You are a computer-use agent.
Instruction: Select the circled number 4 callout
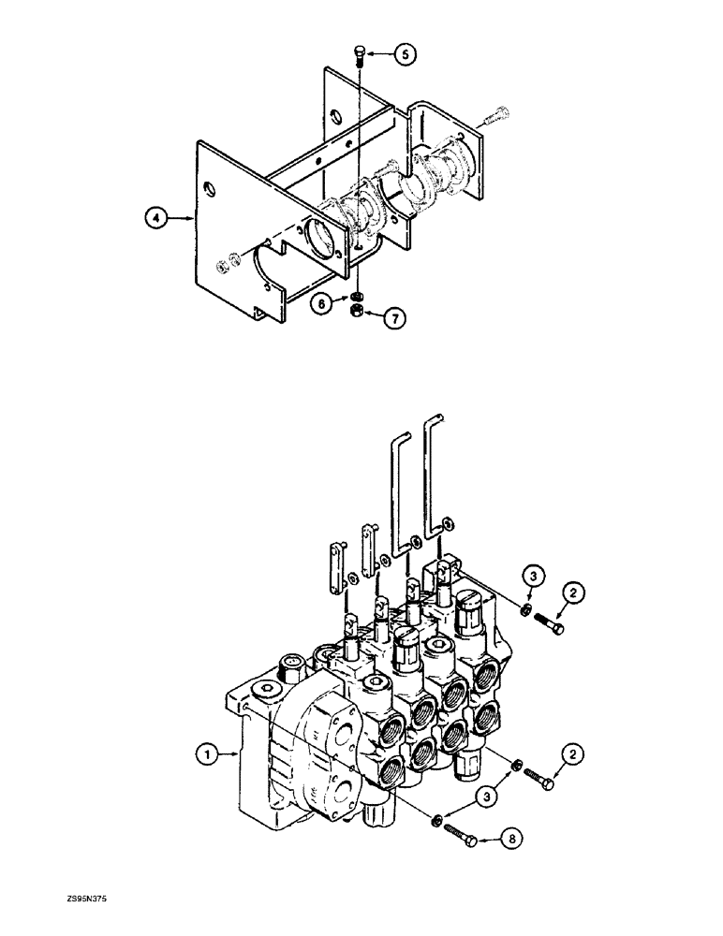click(156, 218)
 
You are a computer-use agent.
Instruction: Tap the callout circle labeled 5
click(405, 55)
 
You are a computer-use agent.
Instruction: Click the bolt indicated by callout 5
click(360, 56)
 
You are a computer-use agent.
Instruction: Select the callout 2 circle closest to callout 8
click(575, 753)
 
